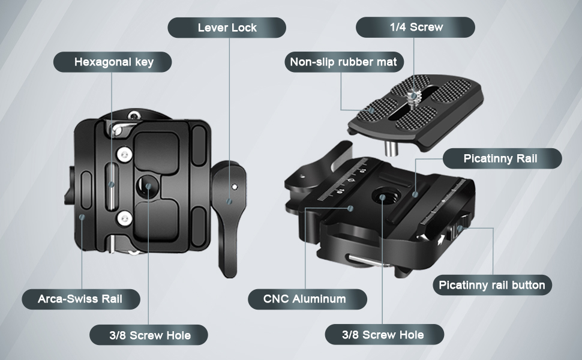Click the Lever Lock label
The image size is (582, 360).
227,28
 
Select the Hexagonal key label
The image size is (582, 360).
113,62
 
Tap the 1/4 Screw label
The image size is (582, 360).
416,27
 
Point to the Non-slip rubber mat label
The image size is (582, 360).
344,62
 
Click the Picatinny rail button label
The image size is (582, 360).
492,285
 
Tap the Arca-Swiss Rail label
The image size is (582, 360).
81,299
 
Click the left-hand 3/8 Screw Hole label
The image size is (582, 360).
149,335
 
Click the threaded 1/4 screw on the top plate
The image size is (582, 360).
411,97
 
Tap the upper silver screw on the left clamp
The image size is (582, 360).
125,154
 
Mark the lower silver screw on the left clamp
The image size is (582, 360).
125,218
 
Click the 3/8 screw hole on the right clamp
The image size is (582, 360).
382,196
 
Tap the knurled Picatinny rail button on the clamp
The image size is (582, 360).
459,227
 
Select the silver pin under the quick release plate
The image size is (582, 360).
391,148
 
